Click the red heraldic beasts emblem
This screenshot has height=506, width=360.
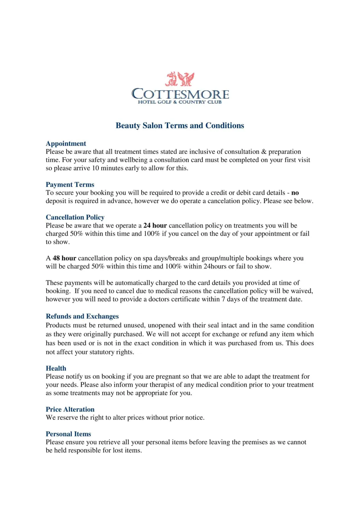coord(180,79)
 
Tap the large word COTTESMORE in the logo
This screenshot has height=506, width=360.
coord(180,94)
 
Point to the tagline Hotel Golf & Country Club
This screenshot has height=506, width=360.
coord(180,102)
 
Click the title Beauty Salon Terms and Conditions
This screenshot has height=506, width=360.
coord(180,126)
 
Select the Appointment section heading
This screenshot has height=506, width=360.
coord(66,144)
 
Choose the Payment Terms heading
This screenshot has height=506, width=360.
coord(70,185)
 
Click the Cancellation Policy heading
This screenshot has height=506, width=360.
coord(75,217)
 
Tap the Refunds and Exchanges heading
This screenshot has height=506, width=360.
coord(82,316)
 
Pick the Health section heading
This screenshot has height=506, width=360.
coord(56,368)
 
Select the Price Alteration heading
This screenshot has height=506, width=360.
coord(70,409)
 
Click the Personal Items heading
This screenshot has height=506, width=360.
coord(68,434)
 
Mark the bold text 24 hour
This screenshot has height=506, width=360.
coord(155,226)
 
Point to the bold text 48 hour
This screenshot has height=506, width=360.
coord(64,258)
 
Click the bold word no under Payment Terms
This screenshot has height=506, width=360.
coord(295,193)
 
